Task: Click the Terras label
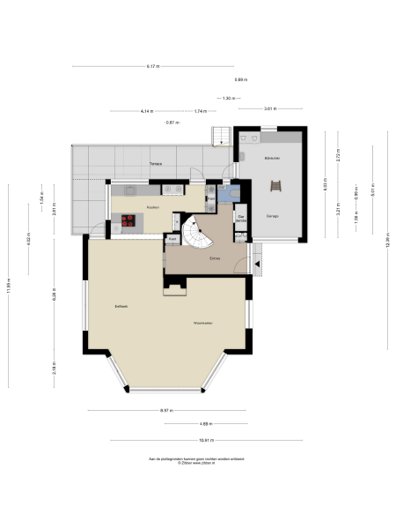[155, 164]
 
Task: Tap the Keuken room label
[152, 206]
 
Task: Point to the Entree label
[214, 258]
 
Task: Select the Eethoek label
[121, 306]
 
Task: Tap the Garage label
[273, 215]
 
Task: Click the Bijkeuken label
[272, 157]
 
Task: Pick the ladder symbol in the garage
[277, 186]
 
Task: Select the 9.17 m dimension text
[153, 67]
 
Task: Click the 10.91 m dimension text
[206, 440]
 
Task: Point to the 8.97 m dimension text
[166, 411]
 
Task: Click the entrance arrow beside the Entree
[258, 261]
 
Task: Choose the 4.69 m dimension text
[205, 423]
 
